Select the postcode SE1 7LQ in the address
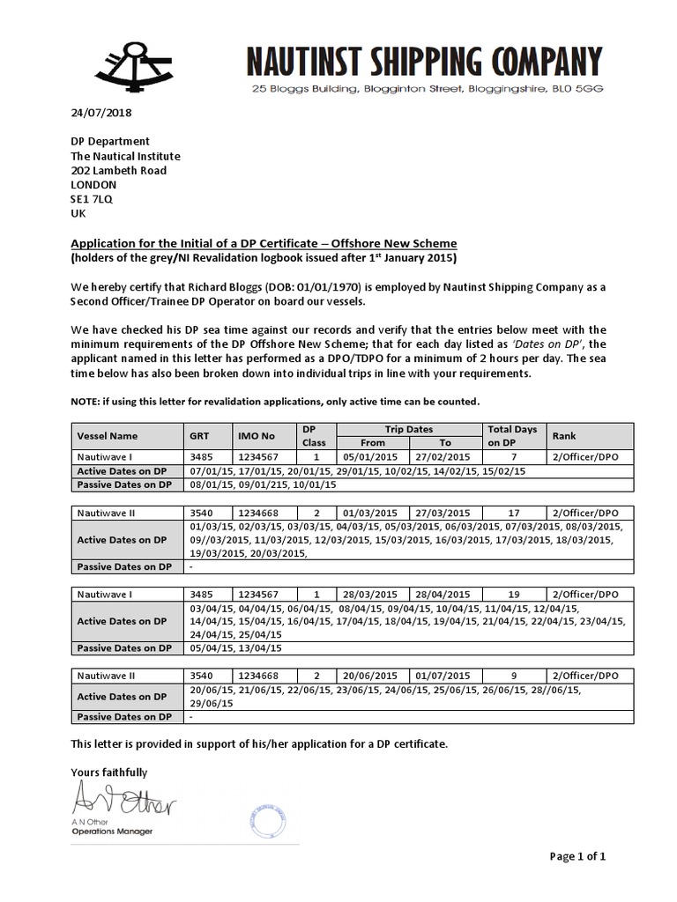pos(92,199)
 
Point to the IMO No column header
pos(257,435)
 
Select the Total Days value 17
pos(512,512)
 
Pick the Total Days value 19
pos(512,594)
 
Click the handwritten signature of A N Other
pos(123,802)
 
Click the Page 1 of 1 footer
pos(577,855)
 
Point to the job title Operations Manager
pos(111,832)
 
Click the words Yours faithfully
pos(109,773)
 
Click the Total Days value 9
pos(512,676)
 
